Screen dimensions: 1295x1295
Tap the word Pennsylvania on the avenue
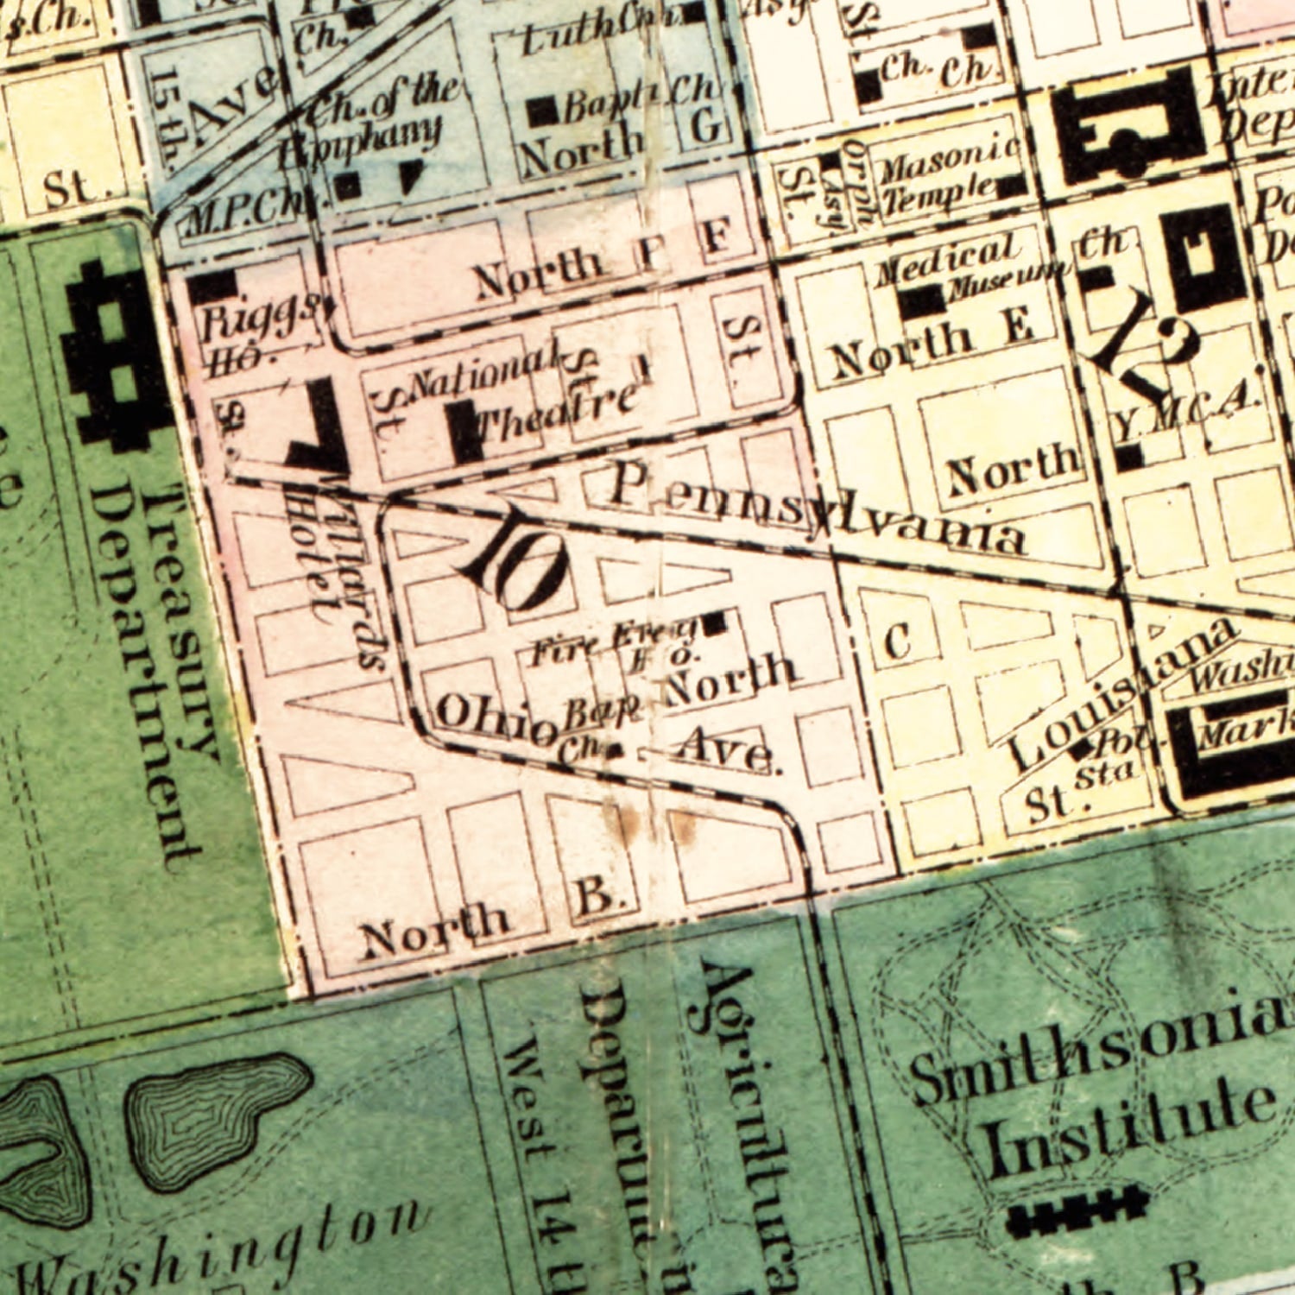(x=816, y=510)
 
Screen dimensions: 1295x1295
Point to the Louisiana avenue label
(x=1122, y=695)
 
